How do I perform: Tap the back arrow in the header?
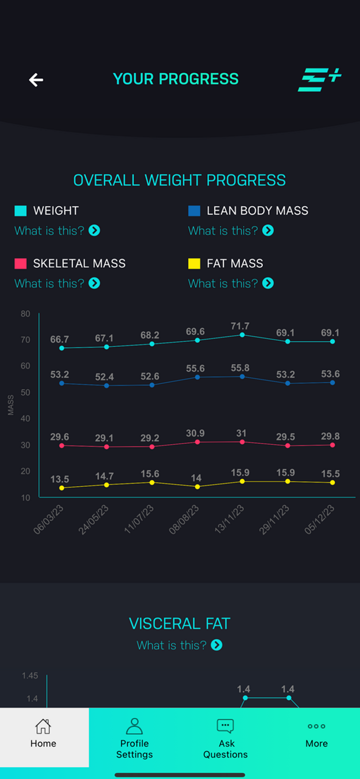tap(36, 80)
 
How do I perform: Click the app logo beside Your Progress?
tap(319, 80)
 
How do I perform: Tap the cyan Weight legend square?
tap(21, 211)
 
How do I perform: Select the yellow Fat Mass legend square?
tap(194, 264)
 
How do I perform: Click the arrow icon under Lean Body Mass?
tap(268, 230)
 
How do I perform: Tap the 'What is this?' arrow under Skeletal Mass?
tap(94, 283)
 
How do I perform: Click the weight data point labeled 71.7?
tap(242, 335)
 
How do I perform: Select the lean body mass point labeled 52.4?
tap(107, 386)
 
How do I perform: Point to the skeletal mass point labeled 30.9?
tap(197, 442)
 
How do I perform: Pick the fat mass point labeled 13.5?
tap(62, 488)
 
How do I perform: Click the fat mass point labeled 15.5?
tap(332, 482)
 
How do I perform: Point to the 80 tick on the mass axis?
tap(26, 314)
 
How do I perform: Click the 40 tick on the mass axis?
tap(26, 418)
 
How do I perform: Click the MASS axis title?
tap(11, 405)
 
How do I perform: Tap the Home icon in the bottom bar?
tap(43, 726)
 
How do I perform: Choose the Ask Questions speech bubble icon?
tap(225, 726)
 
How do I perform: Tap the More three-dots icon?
tap(316, 726)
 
